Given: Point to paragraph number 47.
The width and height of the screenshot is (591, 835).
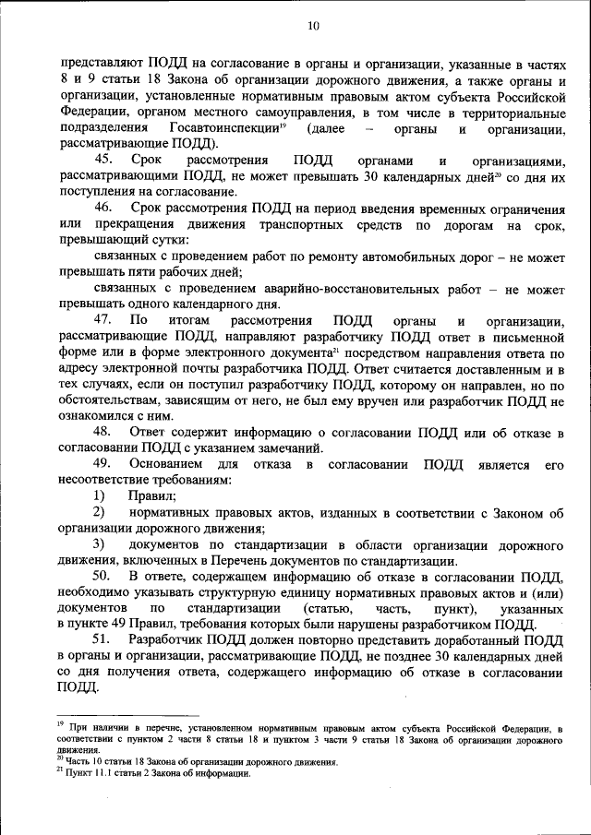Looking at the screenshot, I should tap(104, 320).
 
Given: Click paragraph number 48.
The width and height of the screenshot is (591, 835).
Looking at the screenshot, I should tap(104, 432).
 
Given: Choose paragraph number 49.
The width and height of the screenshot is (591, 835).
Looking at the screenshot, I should tap(104, 464).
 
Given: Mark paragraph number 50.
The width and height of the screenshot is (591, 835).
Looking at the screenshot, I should tap(104, 577).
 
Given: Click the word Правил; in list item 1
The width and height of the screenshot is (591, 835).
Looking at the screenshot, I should tap(153, 496).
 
